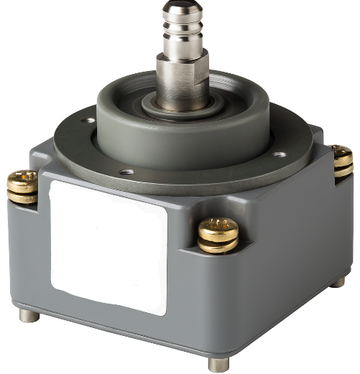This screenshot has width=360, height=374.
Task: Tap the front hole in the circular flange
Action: click(126, 172)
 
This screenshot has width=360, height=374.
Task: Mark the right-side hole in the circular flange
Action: click(280, 154)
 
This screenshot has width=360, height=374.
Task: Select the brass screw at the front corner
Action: click(218, 232)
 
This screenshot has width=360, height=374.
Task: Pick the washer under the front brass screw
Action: click(218, 246)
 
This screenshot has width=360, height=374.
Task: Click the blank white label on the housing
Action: click(108, 244)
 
